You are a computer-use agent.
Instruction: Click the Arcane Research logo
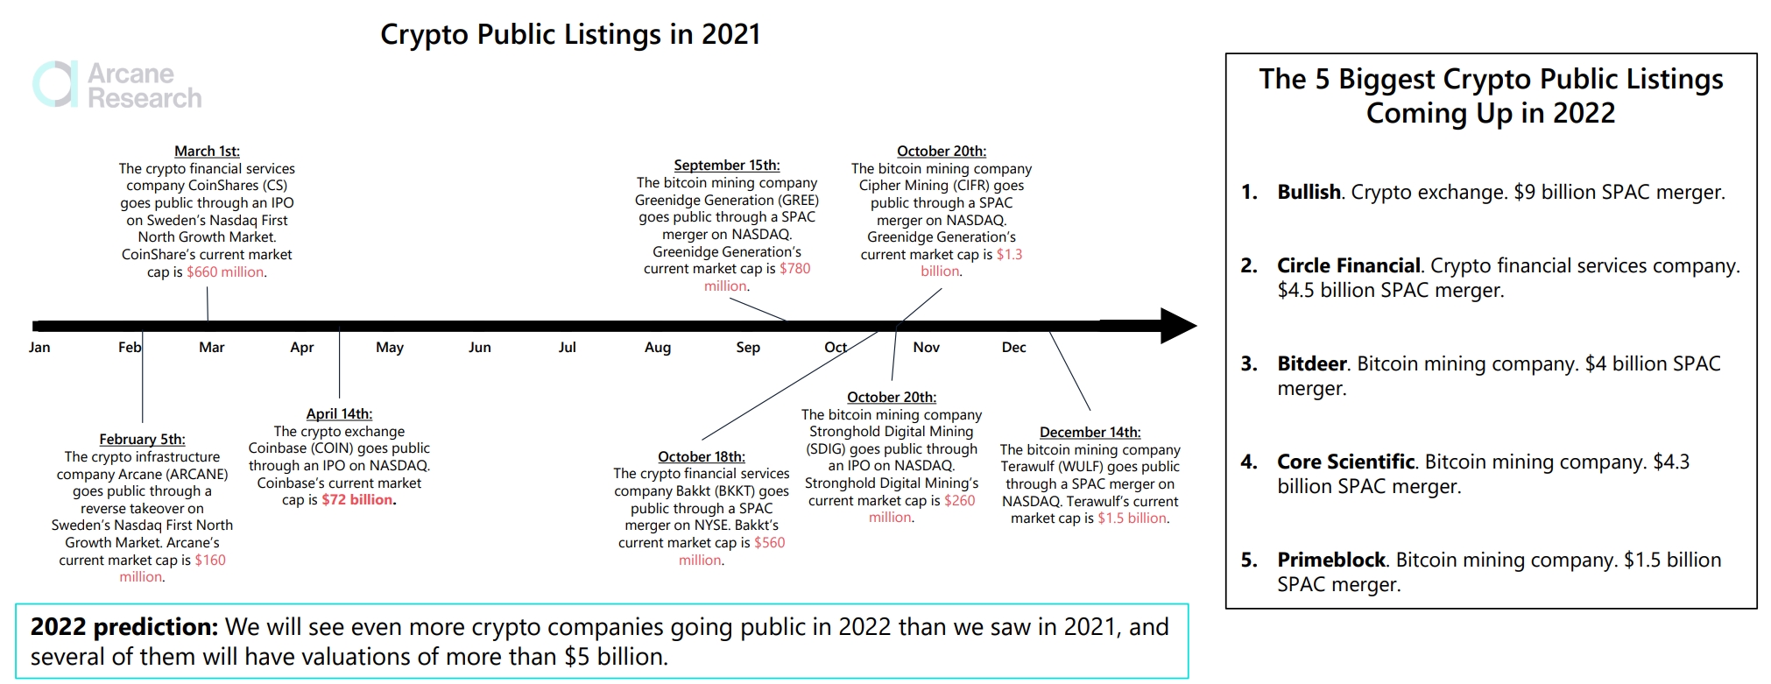tap(117, 85)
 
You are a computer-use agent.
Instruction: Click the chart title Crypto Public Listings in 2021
tap(570, 34)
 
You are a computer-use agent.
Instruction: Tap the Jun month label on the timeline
tap(480, 348)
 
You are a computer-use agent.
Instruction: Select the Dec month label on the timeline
tap(1013, 348)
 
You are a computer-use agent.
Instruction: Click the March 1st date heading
tap(207, 152)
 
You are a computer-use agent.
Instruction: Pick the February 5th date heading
tap(142, 440)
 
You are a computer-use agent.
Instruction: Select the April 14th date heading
tap(339, 414)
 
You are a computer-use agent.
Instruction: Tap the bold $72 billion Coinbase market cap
tap(358, 500)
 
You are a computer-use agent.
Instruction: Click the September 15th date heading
tap(726, 166)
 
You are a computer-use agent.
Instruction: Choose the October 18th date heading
tap(701, 457)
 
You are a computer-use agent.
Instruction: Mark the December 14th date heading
tap(1090, 433)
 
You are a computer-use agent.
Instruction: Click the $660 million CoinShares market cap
tap(225, 272)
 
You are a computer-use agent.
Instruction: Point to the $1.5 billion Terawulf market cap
tap(1132, 518)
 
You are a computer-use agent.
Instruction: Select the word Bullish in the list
tap(1309, 193)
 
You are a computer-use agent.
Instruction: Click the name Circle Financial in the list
tap(1348, 266)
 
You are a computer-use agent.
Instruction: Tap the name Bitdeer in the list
tap(1311, 364)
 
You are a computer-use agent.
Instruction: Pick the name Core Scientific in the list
tap(1345, 462)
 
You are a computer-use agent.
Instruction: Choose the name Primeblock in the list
tap(1330, 561)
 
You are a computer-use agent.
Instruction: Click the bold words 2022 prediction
tap(123, 628)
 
